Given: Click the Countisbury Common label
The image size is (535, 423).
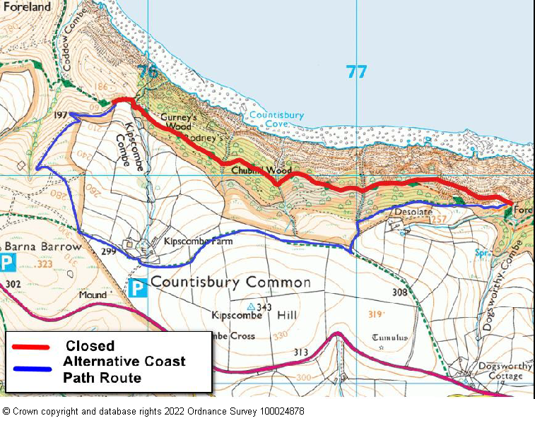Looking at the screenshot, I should [231, 282].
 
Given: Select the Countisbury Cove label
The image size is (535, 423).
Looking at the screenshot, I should [276, 119].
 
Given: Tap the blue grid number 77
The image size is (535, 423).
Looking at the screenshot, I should [356, 72].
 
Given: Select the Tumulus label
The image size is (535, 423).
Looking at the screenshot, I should [390, 338].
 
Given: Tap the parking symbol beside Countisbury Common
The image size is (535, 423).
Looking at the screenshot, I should [138, 287].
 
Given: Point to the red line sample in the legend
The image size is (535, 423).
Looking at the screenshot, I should [30, 347].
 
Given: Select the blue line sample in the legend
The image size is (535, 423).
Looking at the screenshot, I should [30, 369].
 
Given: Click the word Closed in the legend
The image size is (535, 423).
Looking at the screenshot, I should [90, 346].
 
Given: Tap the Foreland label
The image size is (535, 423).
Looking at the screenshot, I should [26, 6].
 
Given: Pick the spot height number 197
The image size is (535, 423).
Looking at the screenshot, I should [61, 114].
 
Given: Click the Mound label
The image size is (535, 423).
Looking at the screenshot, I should [92, 294].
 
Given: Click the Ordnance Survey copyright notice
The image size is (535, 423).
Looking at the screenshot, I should [153, 411].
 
